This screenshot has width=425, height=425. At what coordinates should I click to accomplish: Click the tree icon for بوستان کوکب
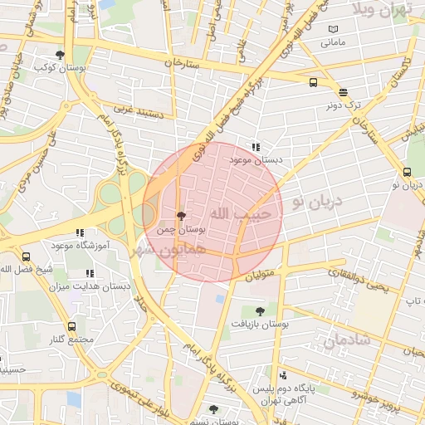tap(60, 54)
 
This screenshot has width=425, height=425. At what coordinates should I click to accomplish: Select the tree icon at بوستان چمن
tap(182, 216)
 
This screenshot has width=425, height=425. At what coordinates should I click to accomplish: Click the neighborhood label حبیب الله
tap(230, 214)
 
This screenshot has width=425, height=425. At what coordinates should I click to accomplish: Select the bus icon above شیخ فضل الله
tap(26, 256)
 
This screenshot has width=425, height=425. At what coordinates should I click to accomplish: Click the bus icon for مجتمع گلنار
tap(71, 327)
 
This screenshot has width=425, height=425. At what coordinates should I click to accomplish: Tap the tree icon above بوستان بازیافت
tap(260, 311)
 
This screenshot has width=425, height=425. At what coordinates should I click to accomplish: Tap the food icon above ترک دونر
tap(344, 91)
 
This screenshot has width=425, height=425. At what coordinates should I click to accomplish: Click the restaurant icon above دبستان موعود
tap(255, 146)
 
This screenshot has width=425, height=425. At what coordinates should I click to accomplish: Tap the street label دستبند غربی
tap(134, 109)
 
